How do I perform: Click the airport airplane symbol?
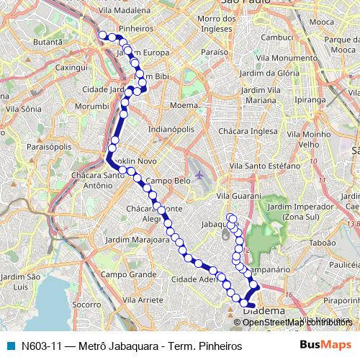pyautogui.click(x=199, y=174)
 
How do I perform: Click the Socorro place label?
pyautogui.click(x=86, y=305)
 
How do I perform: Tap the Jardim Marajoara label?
pyautogui.click(x=136, y=240)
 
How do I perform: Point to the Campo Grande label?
pyautogui.click(x=128, y=274)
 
